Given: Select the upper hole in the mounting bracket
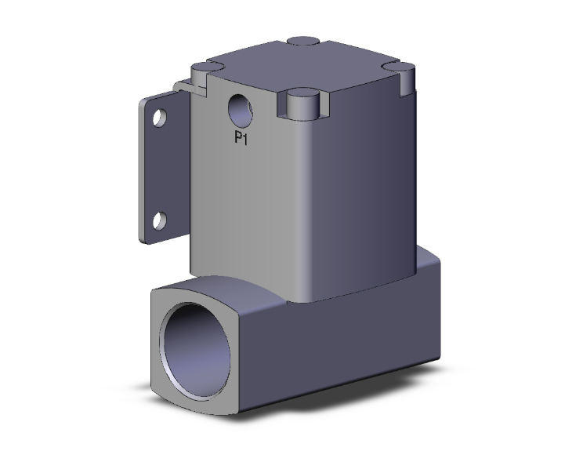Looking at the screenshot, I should [159, 119].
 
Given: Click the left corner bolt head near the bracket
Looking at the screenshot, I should [204, 70].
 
